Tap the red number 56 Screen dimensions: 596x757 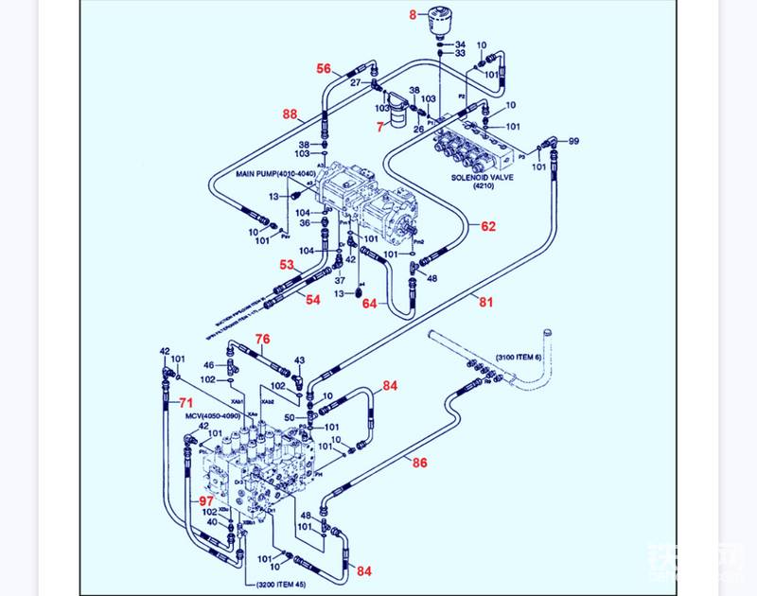click(x=324, y=69)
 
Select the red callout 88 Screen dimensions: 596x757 click(x=290, y=114)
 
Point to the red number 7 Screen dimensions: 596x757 click(x=381, y=126)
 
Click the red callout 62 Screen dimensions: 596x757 click(x=487, y=226)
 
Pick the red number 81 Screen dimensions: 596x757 click(x=485, y=302)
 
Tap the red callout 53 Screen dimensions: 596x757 click(x=287, y=266)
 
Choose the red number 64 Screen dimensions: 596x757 click(x=369, y=305)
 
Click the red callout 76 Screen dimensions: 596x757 click(x=262, y=339)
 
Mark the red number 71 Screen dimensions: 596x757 click(x=186, y=404)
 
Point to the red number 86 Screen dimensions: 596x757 click(x=419, y=463)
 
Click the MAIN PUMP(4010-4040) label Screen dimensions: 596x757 click(x=275, y=174)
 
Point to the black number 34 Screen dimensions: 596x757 click(x=460, y=44)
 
